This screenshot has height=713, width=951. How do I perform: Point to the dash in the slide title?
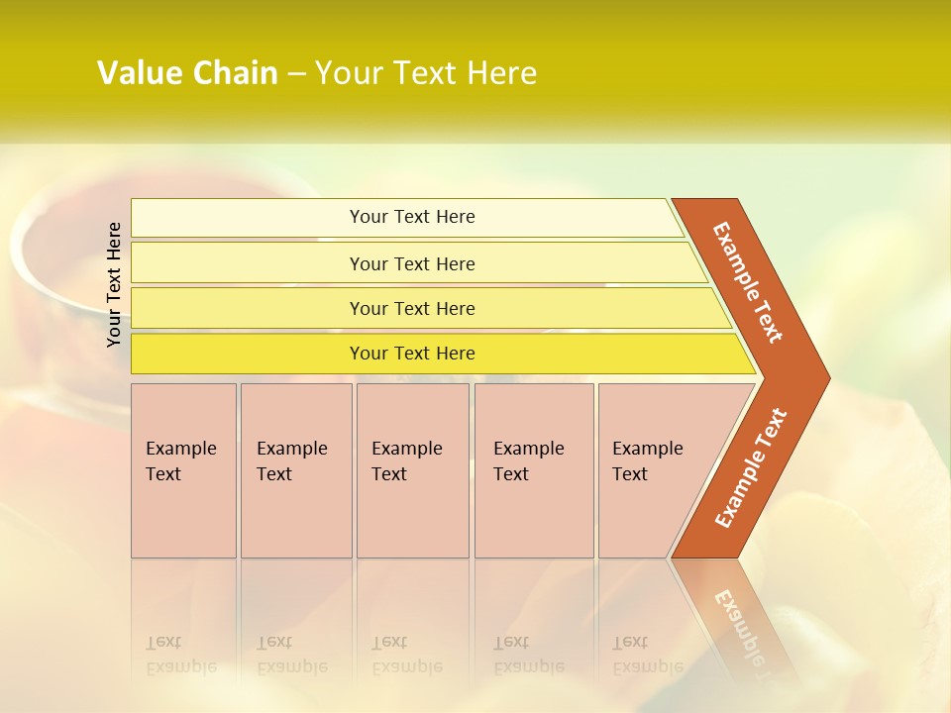click(296, 74)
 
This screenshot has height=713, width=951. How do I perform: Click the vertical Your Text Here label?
click(114, 284)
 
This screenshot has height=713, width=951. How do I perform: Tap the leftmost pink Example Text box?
click(183, 470)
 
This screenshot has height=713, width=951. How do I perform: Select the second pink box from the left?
click(296, 470)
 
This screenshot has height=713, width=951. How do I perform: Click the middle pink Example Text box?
click(412, 470)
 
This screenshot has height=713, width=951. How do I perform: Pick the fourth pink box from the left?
click(534, 470)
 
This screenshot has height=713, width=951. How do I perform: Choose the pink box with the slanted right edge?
click(654, 470)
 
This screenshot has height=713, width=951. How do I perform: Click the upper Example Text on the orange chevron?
click(748, 282)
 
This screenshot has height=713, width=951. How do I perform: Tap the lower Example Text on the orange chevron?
click(751, 468)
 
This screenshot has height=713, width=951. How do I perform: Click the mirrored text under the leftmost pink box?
click(181, 655)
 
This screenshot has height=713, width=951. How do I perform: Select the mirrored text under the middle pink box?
click(407, 655)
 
